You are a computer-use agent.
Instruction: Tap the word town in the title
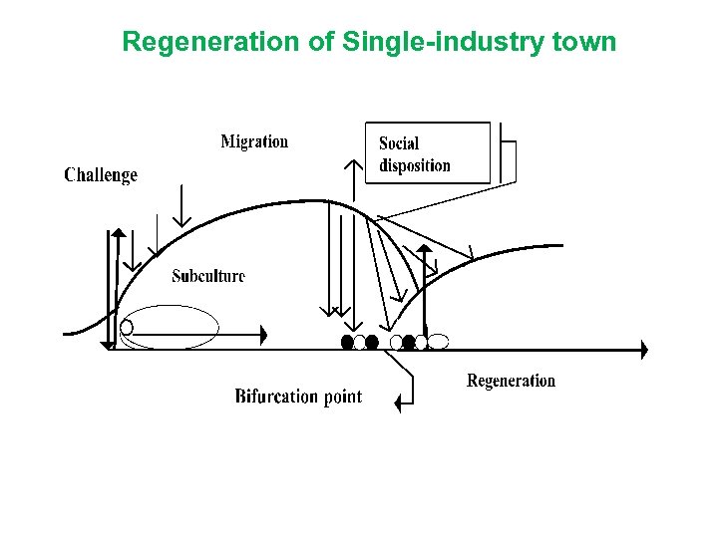pyautogui.click(x=582, y=42)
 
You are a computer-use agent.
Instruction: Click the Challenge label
pyautogui.click(x=101, y=175)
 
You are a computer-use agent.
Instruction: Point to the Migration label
pyautogui.click(x=254, y=141)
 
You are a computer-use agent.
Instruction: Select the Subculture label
pyautogui.click(x=207, y=276)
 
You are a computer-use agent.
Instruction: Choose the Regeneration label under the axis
pyautogui.click(x=511, y=381)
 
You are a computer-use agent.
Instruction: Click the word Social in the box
pyautogui.click(x=399, y=143)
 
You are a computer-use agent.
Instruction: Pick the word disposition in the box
pyautogui.click(x=415, y=165)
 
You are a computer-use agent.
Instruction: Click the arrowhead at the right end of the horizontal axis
pyautogui.click(x=643, y=350)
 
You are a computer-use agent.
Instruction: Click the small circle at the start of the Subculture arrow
pyautogui.click(x=127, y=327)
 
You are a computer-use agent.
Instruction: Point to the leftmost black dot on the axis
pyautogui.click(x=347, y=342)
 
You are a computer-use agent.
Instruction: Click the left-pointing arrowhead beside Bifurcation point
pyautogui.click(x=399, y=403)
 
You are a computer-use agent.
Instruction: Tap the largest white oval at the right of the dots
pyautogui.click(x=438, y=342)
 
